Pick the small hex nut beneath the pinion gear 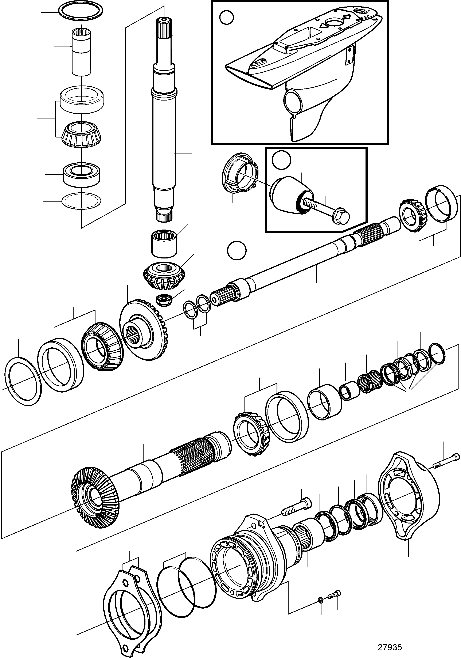(x=163, y=300)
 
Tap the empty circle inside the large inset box (x=227, y=17)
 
